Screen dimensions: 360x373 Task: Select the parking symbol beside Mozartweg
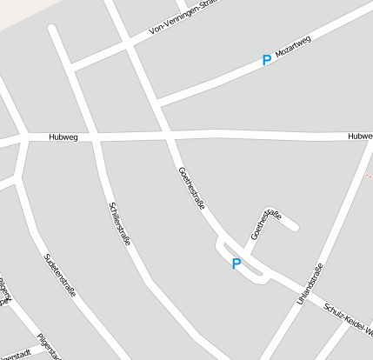pyautogui.click(x=266, y=61)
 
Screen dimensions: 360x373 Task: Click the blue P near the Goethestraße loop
pyautogui.click(x=236, y=263)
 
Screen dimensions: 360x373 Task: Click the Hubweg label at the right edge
pyautogui.click(x=358, y=137)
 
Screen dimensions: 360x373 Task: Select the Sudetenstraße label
pyautogui.click(x=59, y=276)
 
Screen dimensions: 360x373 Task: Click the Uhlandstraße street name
pyautogui.click(x=310, y=283)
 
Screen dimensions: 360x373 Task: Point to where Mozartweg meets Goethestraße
pyautogui.click(x=157, y=103)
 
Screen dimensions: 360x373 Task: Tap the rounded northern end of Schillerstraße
pyautogui.click(x=54, y=30)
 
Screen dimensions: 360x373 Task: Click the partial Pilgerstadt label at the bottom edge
pyautogui.click(x=17, y=355)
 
